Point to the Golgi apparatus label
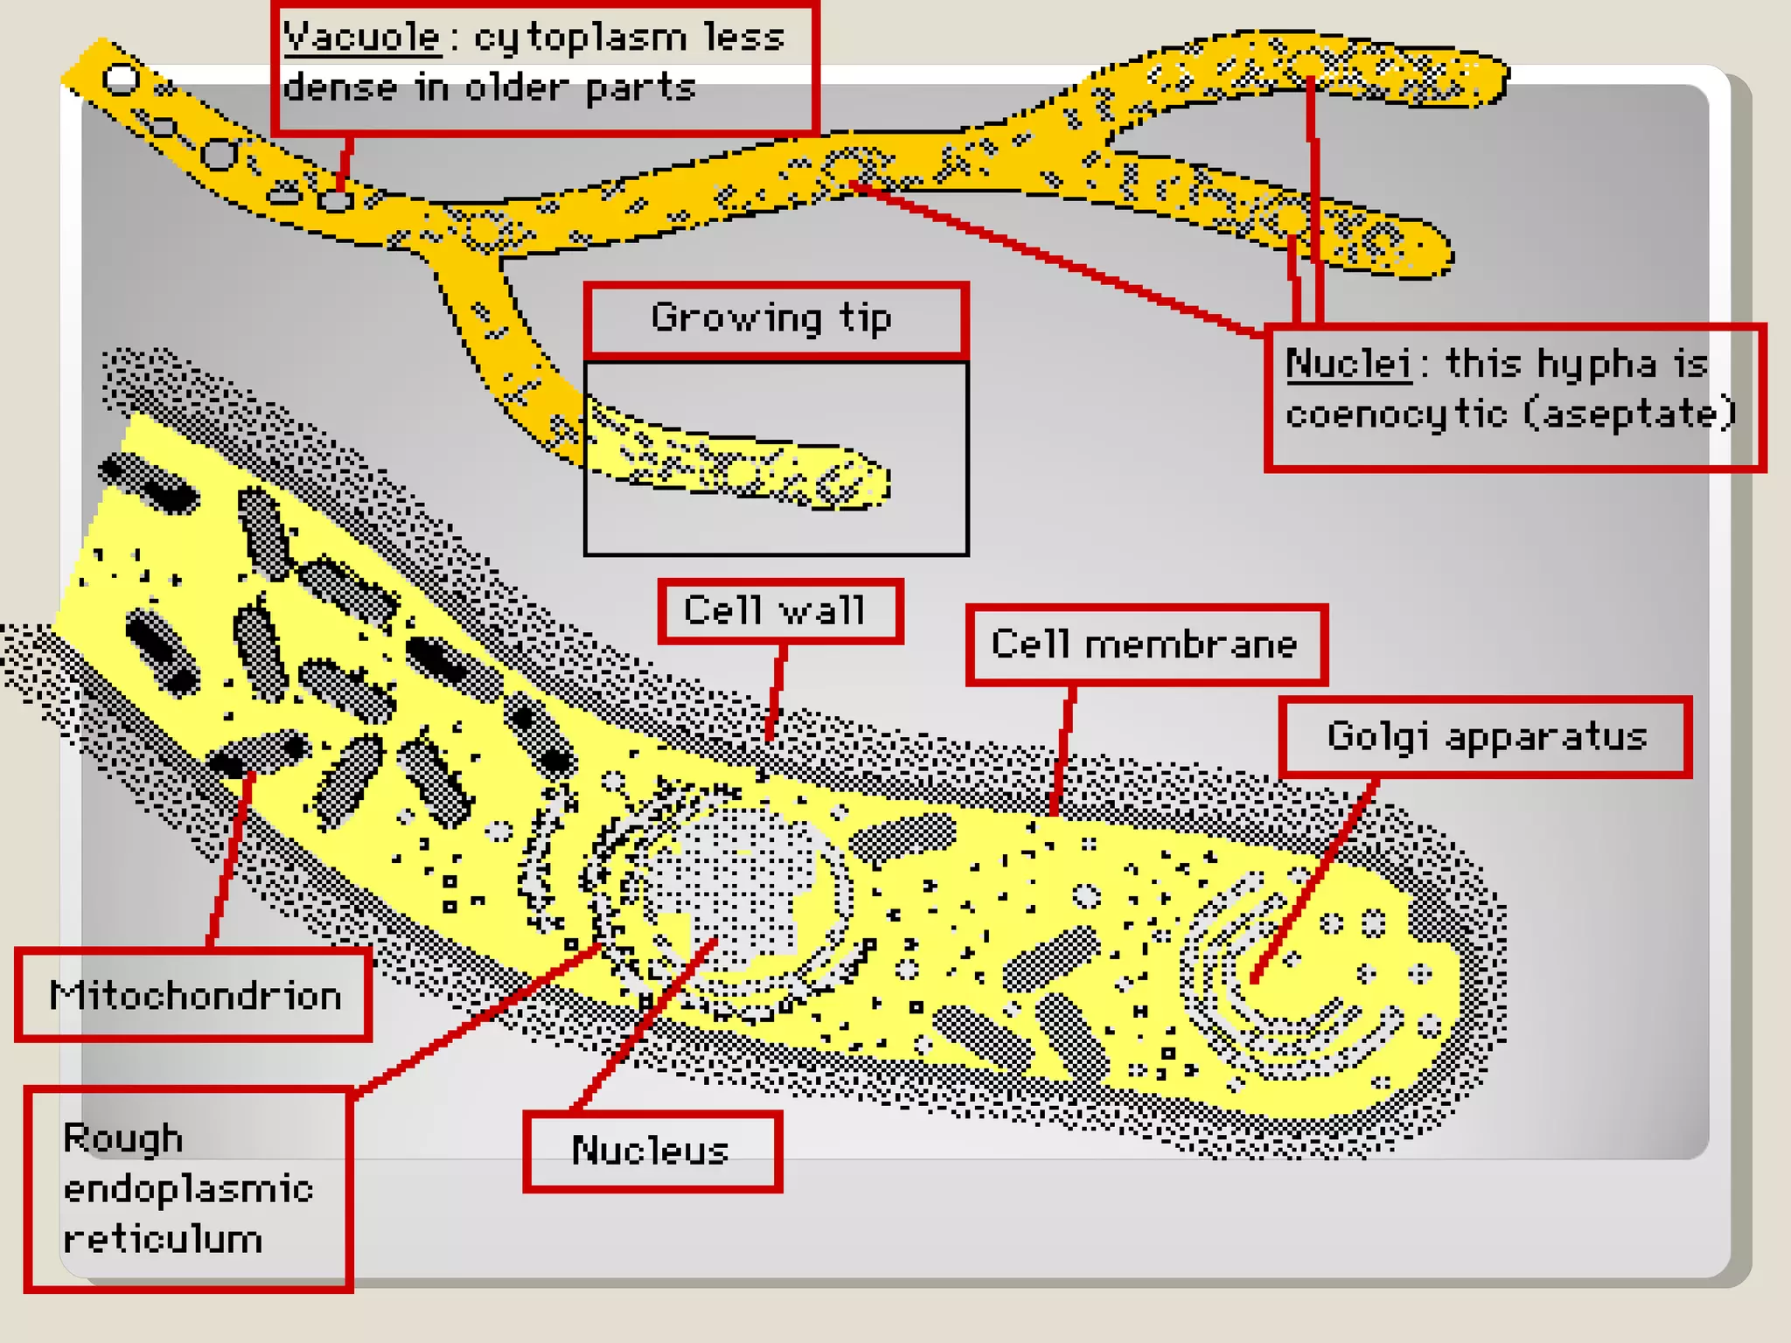1486,736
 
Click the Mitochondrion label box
194,996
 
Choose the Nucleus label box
652,1151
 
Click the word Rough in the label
123,1138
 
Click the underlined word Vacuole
361,38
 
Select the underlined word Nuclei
1348,364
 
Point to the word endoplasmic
188,1189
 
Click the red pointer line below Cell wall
776,691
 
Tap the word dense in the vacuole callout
340,88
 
